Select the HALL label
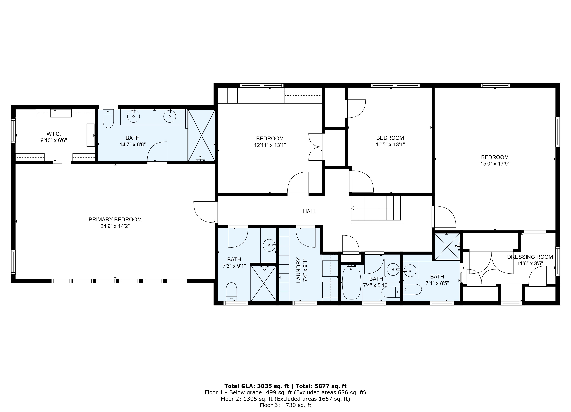tap(309, 211)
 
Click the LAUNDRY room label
tap(299, 270)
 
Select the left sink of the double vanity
tap(133, 116)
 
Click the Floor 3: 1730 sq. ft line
tap(285, 405)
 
